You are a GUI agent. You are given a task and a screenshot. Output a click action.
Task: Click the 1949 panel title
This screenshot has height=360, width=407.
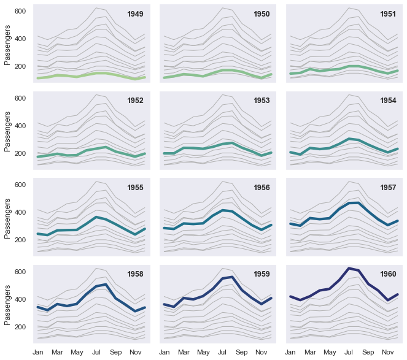pyautogui.click(x=135, y=14)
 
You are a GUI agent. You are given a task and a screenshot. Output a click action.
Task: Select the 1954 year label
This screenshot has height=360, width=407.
pyautogui.click(x=388, y=101)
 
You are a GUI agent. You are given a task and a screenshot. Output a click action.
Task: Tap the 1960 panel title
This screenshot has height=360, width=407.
pyautogui.click(x=388, y=274)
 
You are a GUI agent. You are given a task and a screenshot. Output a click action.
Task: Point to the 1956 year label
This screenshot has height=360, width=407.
pyautogui.click(x=262, y=188)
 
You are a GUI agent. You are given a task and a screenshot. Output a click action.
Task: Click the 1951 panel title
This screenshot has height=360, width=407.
pyautogui.click(x=388, y=14)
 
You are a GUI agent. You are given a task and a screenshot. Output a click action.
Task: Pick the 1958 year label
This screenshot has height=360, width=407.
pyautogui.click(x=135, y=274)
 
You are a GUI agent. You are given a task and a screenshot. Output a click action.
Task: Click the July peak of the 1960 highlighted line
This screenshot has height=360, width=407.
pyautogui.click(x=349, y=268)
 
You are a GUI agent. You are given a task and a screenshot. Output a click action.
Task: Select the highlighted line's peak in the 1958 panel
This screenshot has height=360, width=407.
pyautogui.click(x=106, y=285)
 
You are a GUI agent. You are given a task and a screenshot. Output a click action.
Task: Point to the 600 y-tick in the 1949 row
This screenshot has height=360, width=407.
pyautogui.click(x=20, y=11)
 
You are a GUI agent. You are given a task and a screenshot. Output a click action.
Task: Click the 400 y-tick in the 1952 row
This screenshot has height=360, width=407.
pyautogui.click(x=20, y=126)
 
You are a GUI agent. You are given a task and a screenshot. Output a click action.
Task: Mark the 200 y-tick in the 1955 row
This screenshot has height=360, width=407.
pyautogui.click(x=20, y=240)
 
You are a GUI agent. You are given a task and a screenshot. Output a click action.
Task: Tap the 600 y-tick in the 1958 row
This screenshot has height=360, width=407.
pyautogui.click(x=20, y=271)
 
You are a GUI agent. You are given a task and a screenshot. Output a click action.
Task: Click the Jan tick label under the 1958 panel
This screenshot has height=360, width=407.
pyautogui.click(x=38, y=353)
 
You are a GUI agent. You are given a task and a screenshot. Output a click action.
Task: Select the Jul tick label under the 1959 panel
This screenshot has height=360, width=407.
pyautogui.click(x=222, y=353)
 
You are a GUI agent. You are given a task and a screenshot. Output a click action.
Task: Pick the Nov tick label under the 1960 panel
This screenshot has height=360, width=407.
pyautogui.click(x=387, y=353)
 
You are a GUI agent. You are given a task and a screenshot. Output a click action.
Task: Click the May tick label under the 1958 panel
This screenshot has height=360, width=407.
pyautogui.click(x=77, y=353)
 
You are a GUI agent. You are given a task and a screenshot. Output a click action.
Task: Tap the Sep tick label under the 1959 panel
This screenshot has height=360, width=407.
pyautogui.click(x=241, y=353)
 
